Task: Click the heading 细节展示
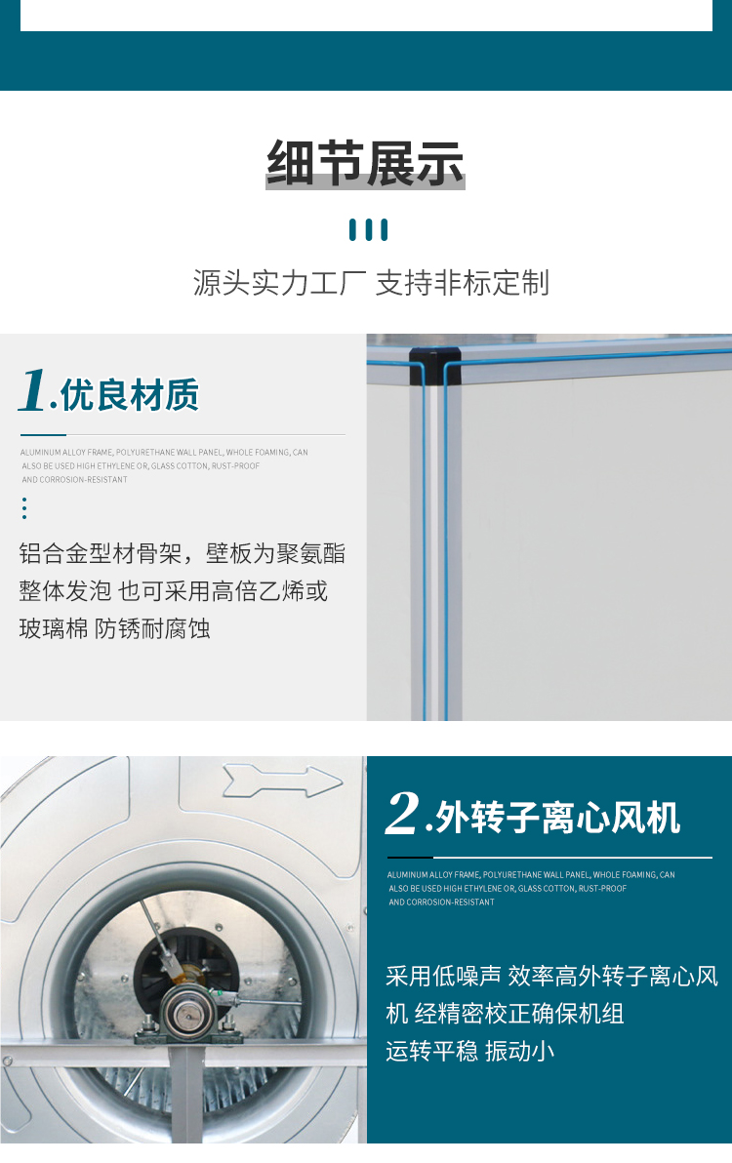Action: pyautogui.click(x=366, y=164)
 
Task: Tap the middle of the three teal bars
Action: pyautogui.click(x=369, y=230)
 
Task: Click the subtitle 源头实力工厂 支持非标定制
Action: pyautogui.click(x=371, y=283)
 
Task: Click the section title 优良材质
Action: pyautogui.click(x=130, y=395)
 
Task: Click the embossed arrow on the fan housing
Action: pyautogui.click(x=282, y=781)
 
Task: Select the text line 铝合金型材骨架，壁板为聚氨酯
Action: pyautogui.click(x=183, y=554)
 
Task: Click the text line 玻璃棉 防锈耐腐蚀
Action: pyautogui.click(x=115, y=628)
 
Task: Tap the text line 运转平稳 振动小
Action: pyautogui.click(x=470, y=1051)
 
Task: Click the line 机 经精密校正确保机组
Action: pyautogui.click(x=505, y=1014)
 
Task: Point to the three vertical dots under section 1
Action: pyautogui.click(x=23, y=508)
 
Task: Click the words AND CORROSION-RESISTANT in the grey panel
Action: pyautogui.click(x=75, y=480)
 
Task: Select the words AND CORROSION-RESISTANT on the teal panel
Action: pyautogui.click(x=442, y=902)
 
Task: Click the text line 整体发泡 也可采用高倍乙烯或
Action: pyautogui.click(x=174, y=591)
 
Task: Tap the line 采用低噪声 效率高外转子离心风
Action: pyautogui.click(x=551, y=976)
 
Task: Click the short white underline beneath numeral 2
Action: pyautogui.click(x=410, y=858)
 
